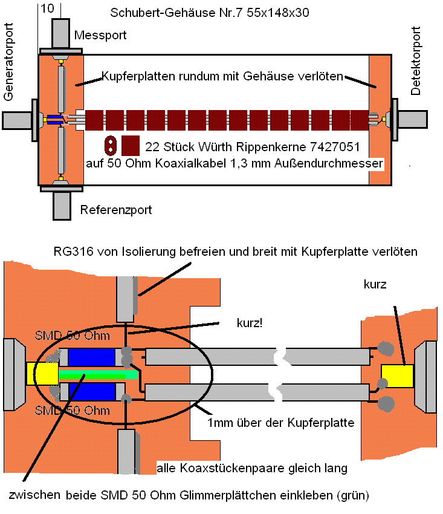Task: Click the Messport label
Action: (x=100, y=35)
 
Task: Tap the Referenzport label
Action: (x=116, y=210)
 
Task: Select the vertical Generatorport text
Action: (x=8, y=62)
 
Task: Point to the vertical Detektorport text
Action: (x=415, y=61)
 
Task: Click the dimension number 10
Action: (x=47, y=8)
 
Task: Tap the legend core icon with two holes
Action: (x=111, y=146)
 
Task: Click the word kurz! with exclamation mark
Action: (x=250, y=324)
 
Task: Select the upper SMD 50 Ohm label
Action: (x=72, y=336)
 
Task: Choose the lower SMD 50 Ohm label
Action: (x=72, y=411)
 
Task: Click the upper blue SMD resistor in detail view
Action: (x=91, y=357)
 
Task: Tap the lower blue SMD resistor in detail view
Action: (x=91, y=391)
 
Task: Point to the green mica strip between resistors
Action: (x=98, y=374)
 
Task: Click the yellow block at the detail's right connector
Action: (x=397, y=376)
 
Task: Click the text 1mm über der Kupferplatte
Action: (x=281, y=423)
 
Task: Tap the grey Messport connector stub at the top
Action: (x=61, y=33)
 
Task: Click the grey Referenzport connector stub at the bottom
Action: (x=62, y=206)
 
